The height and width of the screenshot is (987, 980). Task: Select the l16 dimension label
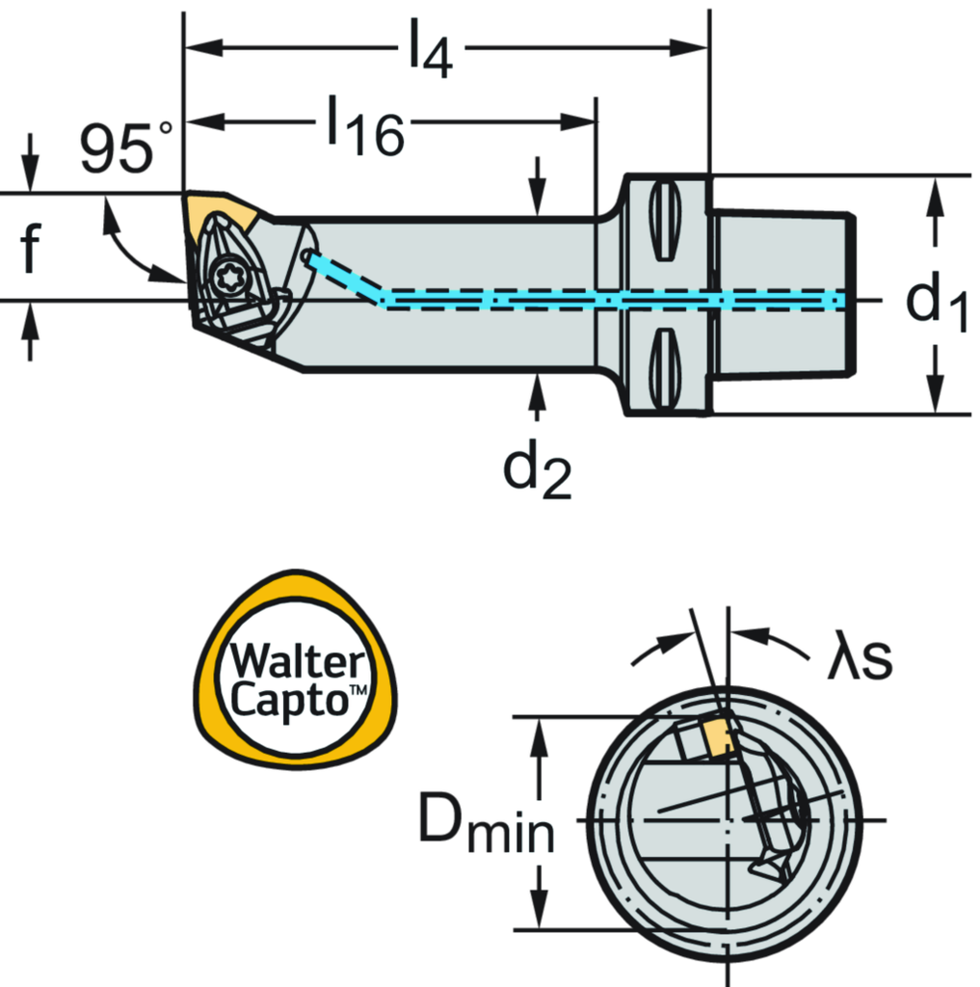coord(363,125)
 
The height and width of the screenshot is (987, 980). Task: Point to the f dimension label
coord(30,247)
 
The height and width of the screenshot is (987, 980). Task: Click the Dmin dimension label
coord(488,827)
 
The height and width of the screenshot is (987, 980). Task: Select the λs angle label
coord(861,658)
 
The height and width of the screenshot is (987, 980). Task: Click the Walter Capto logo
coord(296,669)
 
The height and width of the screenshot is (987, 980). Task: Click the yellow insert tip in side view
coord(218,210)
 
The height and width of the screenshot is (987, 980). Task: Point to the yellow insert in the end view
coord(718,739)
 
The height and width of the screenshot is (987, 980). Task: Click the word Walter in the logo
coord(296,662)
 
